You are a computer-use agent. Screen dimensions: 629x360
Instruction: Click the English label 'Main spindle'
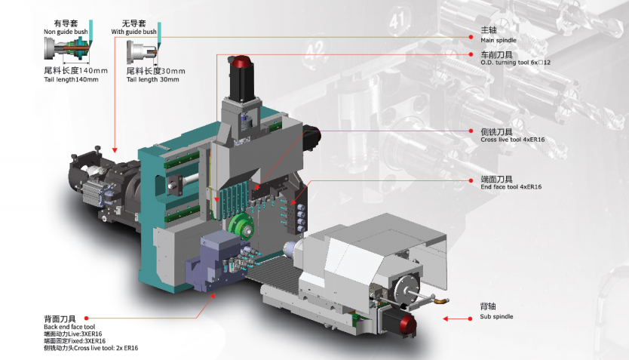coord(499,40)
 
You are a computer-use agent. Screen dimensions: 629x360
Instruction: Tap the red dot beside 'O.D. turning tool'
coord(471,54)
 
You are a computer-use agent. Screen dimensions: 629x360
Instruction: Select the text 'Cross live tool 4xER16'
coord(513,140)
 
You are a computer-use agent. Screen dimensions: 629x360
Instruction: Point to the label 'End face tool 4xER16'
coord(511,186)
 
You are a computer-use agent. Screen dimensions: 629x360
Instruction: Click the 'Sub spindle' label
coord(496,316)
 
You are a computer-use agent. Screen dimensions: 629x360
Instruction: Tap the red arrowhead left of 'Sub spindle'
coord(445,318)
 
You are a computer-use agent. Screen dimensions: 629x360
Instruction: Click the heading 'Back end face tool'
coord(69,327)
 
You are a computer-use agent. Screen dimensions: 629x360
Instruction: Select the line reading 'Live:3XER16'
coord(73,334)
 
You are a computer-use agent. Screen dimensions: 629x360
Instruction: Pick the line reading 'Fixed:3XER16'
coord(75,341)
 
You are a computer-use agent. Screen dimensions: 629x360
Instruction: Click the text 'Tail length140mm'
coord(71,79)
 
